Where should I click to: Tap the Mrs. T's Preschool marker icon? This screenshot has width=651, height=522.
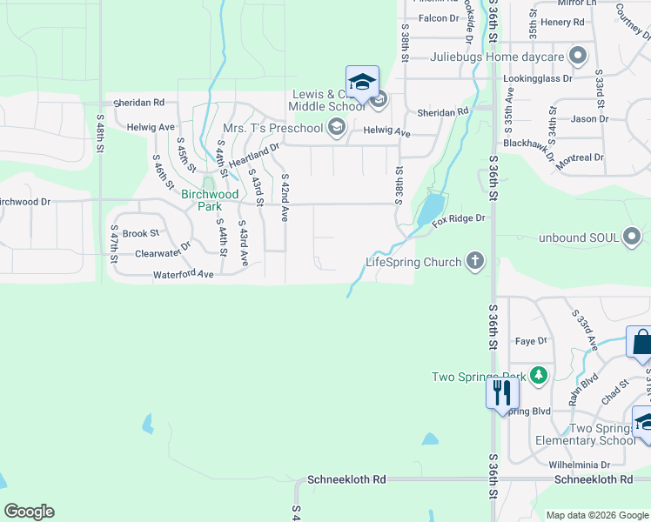click(335, 129)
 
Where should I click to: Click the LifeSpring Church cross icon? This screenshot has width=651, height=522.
click(474, 261)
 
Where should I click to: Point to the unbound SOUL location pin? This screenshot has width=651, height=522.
click(632, 237)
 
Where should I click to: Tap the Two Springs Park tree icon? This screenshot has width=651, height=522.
click(540, 376)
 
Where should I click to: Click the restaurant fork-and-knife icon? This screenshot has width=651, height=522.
click(501, 392)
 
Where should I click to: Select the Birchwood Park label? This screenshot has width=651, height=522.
click(209, 200)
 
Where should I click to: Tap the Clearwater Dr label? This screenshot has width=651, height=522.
click(163, 254)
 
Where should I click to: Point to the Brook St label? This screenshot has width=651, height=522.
click(141, 233)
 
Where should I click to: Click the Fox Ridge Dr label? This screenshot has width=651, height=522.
click(458, 219)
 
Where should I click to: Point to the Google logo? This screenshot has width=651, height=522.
click(29, 512)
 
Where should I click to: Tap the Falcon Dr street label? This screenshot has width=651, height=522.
click(438, 18)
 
